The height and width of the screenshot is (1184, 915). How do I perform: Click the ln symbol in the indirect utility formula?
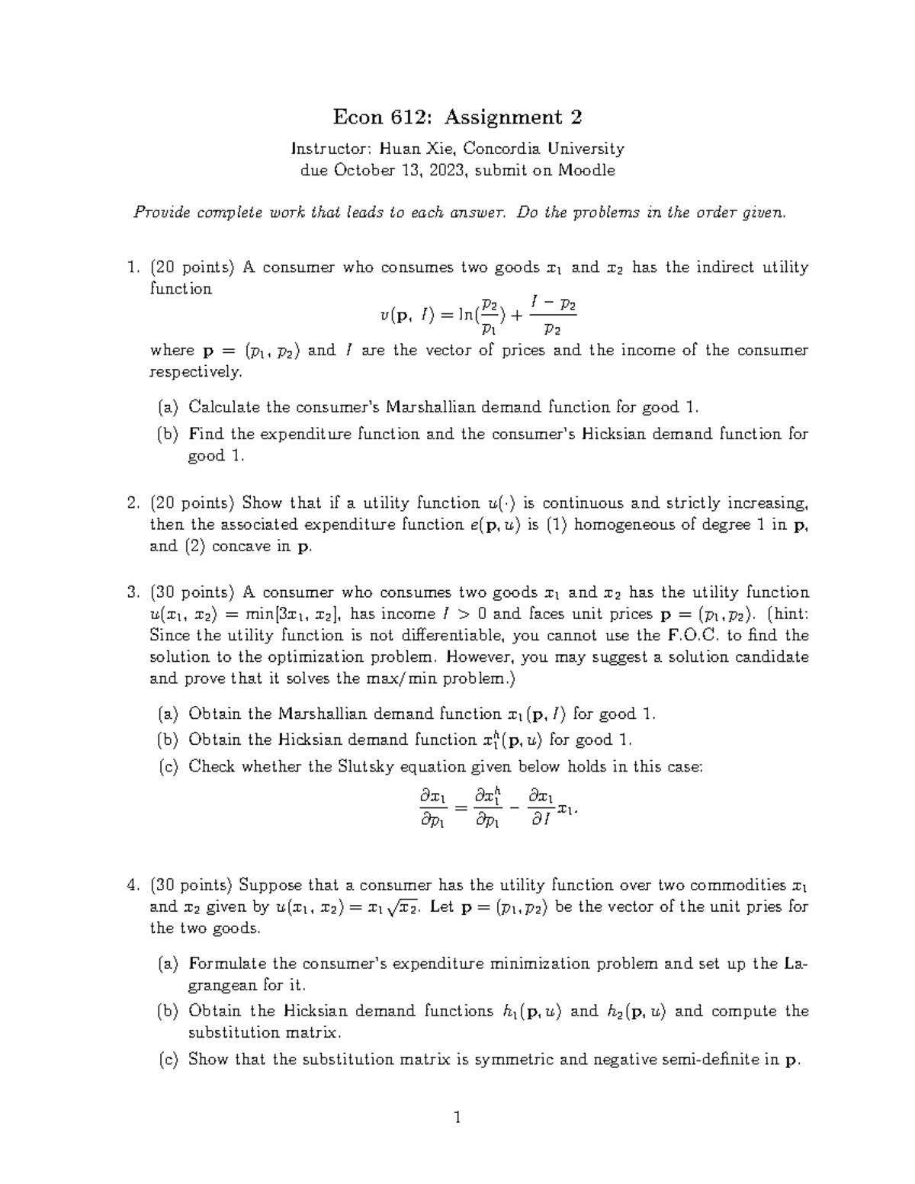click(464, 316)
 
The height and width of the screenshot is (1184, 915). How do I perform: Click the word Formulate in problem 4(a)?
click(226, 963)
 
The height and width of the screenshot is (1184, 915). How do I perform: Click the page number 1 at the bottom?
click(457, 1118)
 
